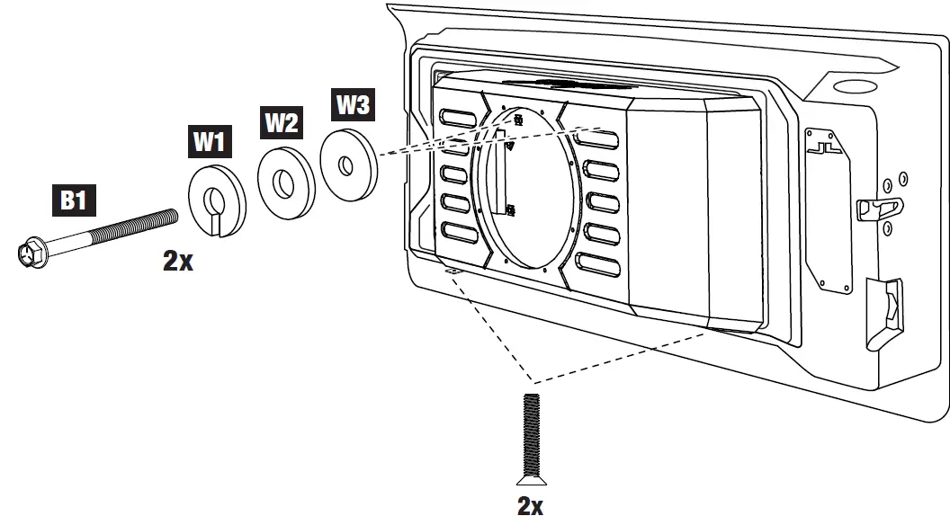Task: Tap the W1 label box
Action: point(211,141)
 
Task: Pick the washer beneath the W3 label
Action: point(347,162)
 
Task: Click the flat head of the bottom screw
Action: point(531,475)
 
